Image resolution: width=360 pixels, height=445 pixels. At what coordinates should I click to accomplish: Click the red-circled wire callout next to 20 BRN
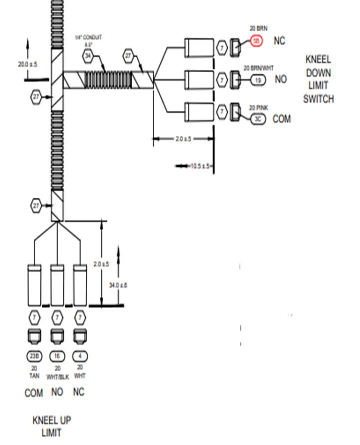(x=256, y=41)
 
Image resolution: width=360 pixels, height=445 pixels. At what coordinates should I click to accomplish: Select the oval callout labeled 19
(x=258, y=79)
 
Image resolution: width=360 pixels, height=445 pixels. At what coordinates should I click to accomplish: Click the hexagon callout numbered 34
(x=88, y=56)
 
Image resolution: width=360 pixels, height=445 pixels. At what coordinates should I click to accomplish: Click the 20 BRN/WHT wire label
(x=258, y=68)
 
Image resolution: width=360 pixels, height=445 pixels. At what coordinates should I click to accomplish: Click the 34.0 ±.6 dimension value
(x=118, y=285)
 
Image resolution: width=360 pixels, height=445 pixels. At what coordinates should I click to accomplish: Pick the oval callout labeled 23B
(x=34, y=356)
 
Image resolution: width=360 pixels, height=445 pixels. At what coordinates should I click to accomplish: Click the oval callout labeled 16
(x=57, y=356)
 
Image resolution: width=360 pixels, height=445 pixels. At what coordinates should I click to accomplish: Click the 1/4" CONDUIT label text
(x=88, y=38)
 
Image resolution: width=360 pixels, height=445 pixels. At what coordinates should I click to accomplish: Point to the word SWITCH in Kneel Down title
(x=318, y=99)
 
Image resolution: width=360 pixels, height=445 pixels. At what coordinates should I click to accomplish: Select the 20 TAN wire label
(x=34, y=371)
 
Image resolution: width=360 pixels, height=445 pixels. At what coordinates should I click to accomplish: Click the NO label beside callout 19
(x=281, y=79)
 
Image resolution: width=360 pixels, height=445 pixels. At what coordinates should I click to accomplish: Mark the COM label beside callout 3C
(x=282, y=119)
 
